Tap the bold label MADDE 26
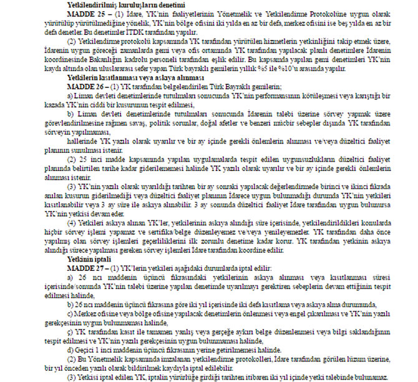(65, 86)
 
